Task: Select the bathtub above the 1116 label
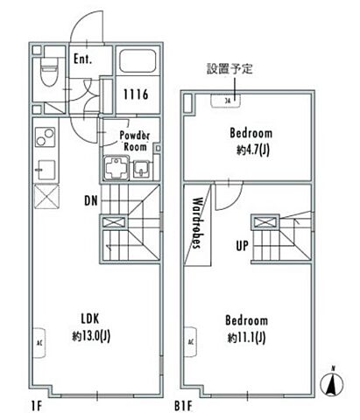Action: click(x=137, y=63)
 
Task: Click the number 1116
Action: click(x=135, y=94)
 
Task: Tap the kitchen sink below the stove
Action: click(x=44, y=167)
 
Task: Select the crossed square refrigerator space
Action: click(x=44, y=194)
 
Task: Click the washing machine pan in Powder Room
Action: click(x=116, y=168)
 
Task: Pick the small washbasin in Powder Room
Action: click(x=142, y=170)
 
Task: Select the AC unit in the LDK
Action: click(x=39, y=339)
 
